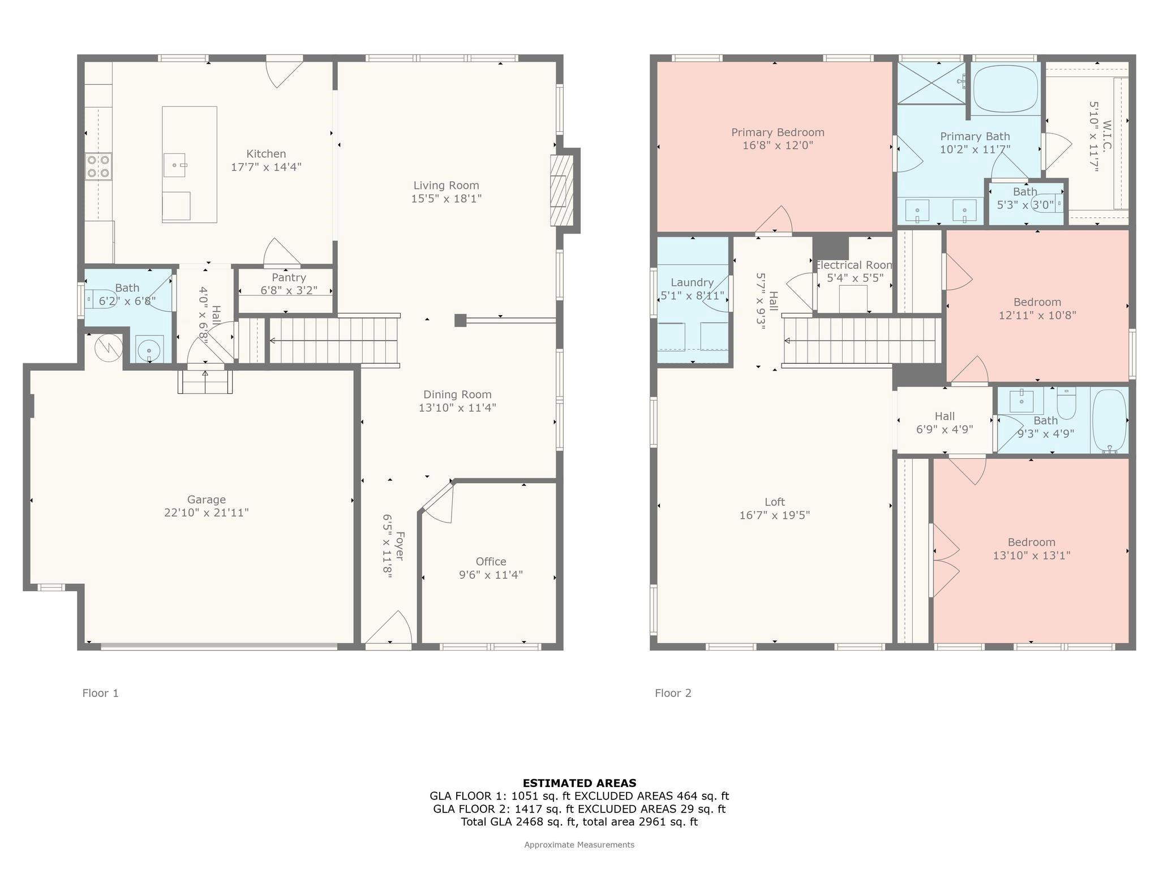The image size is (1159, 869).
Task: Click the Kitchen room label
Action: [266, 154]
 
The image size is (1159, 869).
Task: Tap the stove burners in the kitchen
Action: [98, 166]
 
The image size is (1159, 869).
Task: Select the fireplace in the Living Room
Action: [562, 191]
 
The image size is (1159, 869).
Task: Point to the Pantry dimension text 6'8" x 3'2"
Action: [289, 290]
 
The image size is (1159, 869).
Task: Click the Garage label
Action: [207, 500]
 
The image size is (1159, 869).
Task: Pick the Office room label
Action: [491, 561]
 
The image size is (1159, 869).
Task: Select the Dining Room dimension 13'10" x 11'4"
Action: [457, 407]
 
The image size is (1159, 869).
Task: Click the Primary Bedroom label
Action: [778, 132]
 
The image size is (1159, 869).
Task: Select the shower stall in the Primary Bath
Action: [931, 83]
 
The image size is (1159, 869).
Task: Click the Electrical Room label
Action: [854, 265]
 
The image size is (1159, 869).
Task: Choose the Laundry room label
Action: [692, 282]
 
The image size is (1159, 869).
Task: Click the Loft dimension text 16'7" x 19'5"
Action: [774, 515]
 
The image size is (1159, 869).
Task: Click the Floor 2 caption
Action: [673, 693]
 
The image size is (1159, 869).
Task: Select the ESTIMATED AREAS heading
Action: [579, 783]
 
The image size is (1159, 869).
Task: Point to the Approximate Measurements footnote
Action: [579, 845]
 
